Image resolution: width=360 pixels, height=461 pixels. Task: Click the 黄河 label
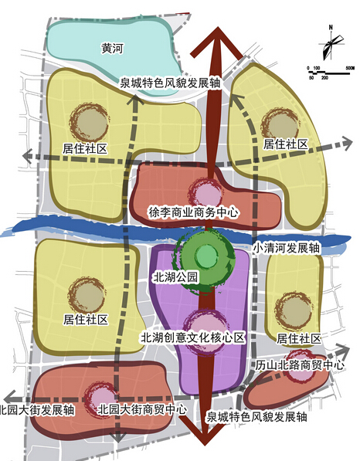pos(112,49)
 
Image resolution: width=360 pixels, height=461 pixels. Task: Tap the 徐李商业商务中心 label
pos(193,212)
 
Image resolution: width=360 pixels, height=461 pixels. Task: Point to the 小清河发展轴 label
pos(287,249)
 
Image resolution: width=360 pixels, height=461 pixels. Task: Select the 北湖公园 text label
pos(175,277)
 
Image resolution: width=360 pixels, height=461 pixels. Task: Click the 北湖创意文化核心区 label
pos(193,337)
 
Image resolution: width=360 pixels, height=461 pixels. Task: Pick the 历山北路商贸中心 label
pos(300,365)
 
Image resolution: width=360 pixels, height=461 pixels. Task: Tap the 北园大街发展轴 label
pos(37,410)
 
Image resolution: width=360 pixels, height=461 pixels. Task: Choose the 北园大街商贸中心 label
pos(142,409)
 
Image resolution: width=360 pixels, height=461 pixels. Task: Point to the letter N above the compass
pos(331,27)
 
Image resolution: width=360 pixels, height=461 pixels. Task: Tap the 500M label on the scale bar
pos(350,68)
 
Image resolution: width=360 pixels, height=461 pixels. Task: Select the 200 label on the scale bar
pos(324,78)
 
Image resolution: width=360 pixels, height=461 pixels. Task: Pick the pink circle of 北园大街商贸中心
pos(101,399)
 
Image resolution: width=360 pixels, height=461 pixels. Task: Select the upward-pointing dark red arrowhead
pos(217,42)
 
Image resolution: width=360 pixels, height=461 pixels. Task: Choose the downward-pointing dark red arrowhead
pos(205,430)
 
